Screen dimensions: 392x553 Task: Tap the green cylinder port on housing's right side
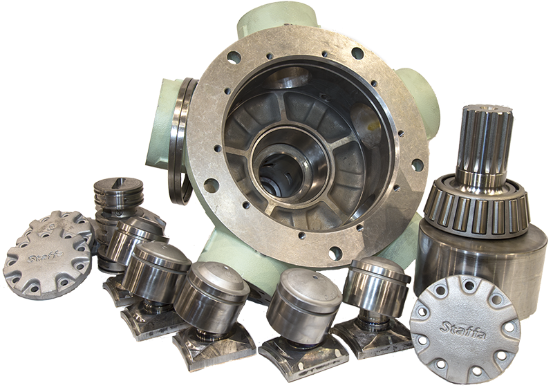[430, 104]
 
